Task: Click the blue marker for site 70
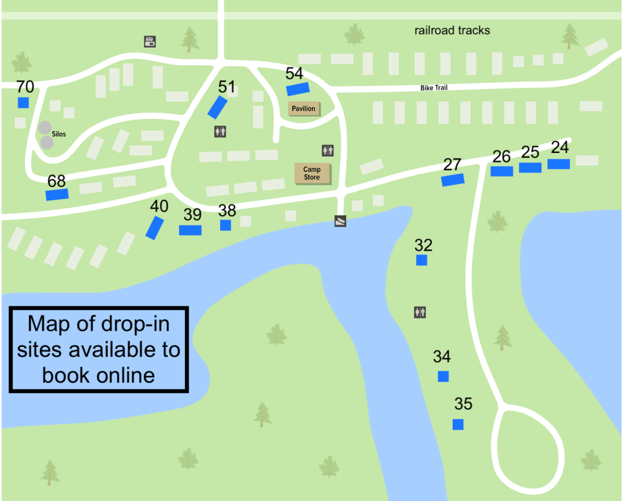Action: [23, 102]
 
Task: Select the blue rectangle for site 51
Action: [218, 107]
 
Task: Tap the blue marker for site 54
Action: [297, 89]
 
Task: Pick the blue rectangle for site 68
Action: [57, 194]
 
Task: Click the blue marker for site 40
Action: [155, 228]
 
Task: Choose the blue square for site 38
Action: [225, 225]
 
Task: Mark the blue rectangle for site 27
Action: [453, 180]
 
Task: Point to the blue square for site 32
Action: [422, 260]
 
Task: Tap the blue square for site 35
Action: [458, 424]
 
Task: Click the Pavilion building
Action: [303, 109]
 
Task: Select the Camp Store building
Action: [312, 173]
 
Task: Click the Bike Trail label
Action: [434, 88]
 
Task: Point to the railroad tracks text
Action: [452, 30]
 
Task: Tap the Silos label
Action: [59, 134]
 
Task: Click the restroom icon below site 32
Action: [421, 312]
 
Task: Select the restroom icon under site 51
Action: [220, 131]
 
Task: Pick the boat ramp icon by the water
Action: [340, 221]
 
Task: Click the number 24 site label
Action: [560, 146]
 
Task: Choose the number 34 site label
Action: [442, 357]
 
